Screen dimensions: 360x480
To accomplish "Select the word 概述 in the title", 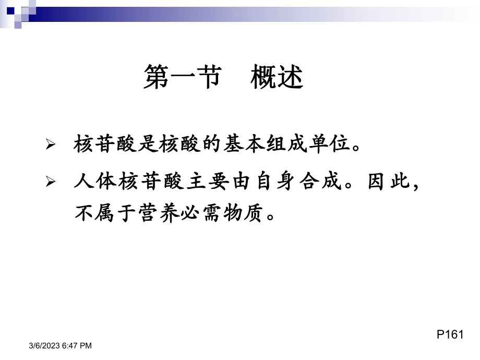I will [x=277, y=78].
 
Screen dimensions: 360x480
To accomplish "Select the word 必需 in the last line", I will [x=196, y=213].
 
